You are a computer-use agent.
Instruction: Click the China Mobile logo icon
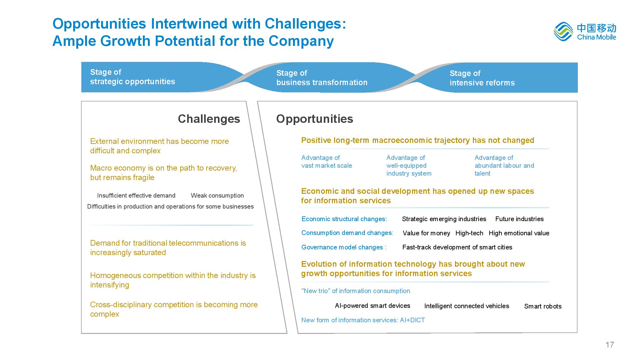coord(563,32)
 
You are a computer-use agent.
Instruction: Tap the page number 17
coord(610,345)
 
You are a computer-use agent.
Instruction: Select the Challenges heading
coord(209,119)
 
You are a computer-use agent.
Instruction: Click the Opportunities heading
coord(315,119)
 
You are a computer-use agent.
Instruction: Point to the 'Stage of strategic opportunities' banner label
coord(133,77)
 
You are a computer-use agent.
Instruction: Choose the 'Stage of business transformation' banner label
coord(322,78)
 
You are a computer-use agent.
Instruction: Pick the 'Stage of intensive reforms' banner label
coord(482,78)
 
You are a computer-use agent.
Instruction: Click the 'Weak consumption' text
coord(217,195)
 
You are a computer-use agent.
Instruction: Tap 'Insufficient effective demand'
coord(136,195)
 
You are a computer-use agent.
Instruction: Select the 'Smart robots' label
coord(543,306)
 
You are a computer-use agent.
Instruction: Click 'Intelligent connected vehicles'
coord(467,306)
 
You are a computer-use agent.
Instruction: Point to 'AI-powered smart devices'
coord(372,306)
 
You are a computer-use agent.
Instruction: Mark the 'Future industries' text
coord(519,219)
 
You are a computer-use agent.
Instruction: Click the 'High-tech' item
coord(469,233)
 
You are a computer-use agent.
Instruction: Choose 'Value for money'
coord(426,233)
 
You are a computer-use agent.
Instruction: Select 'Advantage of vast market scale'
coord(327,161)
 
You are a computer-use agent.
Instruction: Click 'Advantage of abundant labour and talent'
coord(504,166)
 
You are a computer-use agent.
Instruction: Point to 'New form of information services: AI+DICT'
coord(363,320)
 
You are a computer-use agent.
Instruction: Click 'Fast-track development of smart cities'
coord(457,247)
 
